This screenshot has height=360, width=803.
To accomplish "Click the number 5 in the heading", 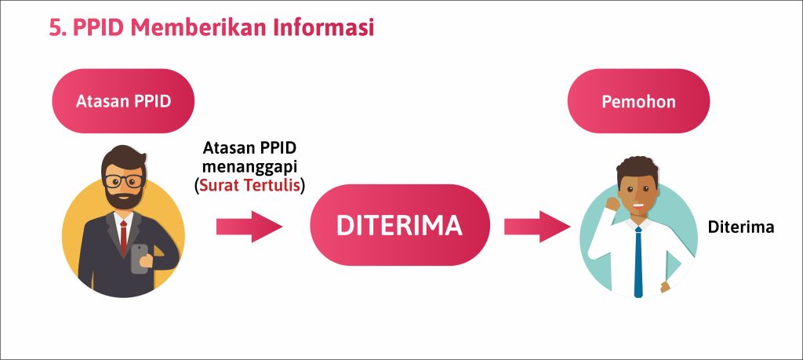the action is (55, 27).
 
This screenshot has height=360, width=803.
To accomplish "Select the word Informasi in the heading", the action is (323, 27).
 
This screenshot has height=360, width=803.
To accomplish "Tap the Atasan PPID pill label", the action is (123, 101).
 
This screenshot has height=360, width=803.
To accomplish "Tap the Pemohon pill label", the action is (638, 101).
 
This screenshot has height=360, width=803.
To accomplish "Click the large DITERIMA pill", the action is (399, 225).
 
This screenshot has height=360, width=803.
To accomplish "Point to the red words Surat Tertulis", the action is (249, 185).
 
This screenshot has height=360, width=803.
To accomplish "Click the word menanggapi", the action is (249, 167).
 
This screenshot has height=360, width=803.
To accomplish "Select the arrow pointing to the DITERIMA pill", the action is (249, 226).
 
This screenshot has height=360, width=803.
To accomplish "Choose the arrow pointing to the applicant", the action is (538, 226).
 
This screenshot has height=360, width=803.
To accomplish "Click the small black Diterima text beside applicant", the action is (740, 227).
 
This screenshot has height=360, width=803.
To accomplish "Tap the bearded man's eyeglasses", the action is (123, 180).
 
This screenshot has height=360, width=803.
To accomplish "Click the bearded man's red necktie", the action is (123, 238).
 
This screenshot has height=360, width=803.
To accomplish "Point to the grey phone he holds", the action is (139, 259).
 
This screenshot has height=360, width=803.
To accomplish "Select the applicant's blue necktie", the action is (638, 262).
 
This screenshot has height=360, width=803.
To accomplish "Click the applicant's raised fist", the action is (612, 204).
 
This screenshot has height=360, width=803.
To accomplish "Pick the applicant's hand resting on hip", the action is (665, 286).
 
